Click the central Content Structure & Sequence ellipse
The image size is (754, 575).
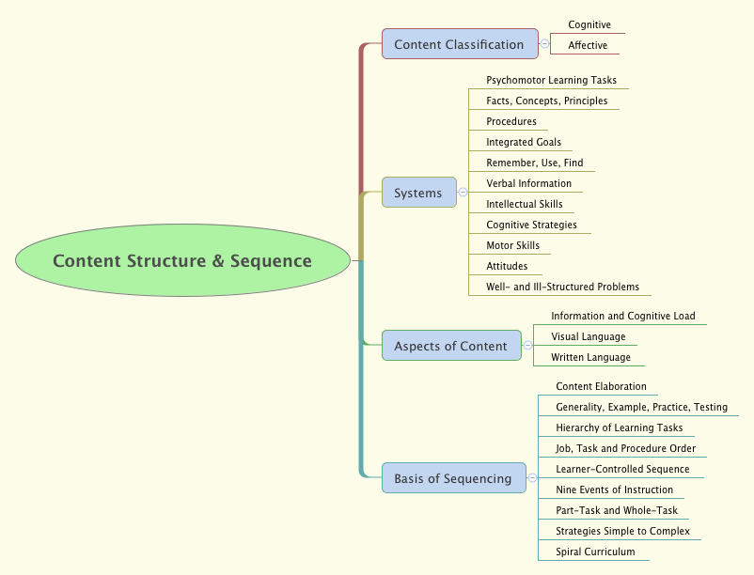pos(181,261)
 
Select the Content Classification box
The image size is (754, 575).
pos(459,44)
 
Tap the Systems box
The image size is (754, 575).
pos(418,193)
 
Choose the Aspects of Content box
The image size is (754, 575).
pos(450,346)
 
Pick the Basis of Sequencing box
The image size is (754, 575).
pos(453,478)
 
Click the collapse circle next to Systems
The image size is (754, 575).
pos(463,193)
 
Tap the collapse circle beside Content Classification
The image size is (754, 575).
pos(544,44)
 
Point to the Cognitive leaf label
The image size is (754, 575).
pos(589,24)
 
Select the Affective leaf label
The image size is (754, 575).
pos(588,45)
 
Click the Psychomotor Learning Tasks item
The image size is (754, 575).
pos(551,80)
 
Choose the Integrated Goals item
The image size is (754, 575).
pos(524,142)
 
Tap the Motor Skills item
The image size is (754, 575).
pos(512,245)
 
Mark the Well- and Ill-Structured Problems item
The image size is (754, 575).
pos(562,287)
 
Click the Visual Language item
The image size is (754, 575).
pos(588,336)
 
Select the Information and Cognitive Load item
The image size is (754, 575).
pos(622,316)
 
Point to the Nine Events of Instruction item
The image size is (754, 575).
pos(614,490)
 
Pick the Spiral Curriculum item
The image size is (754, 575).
pos(595,552)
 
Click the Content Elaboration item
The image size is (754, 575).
pos(601,386)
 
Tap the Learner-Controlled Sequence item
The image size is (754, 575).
pos(622,469)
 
